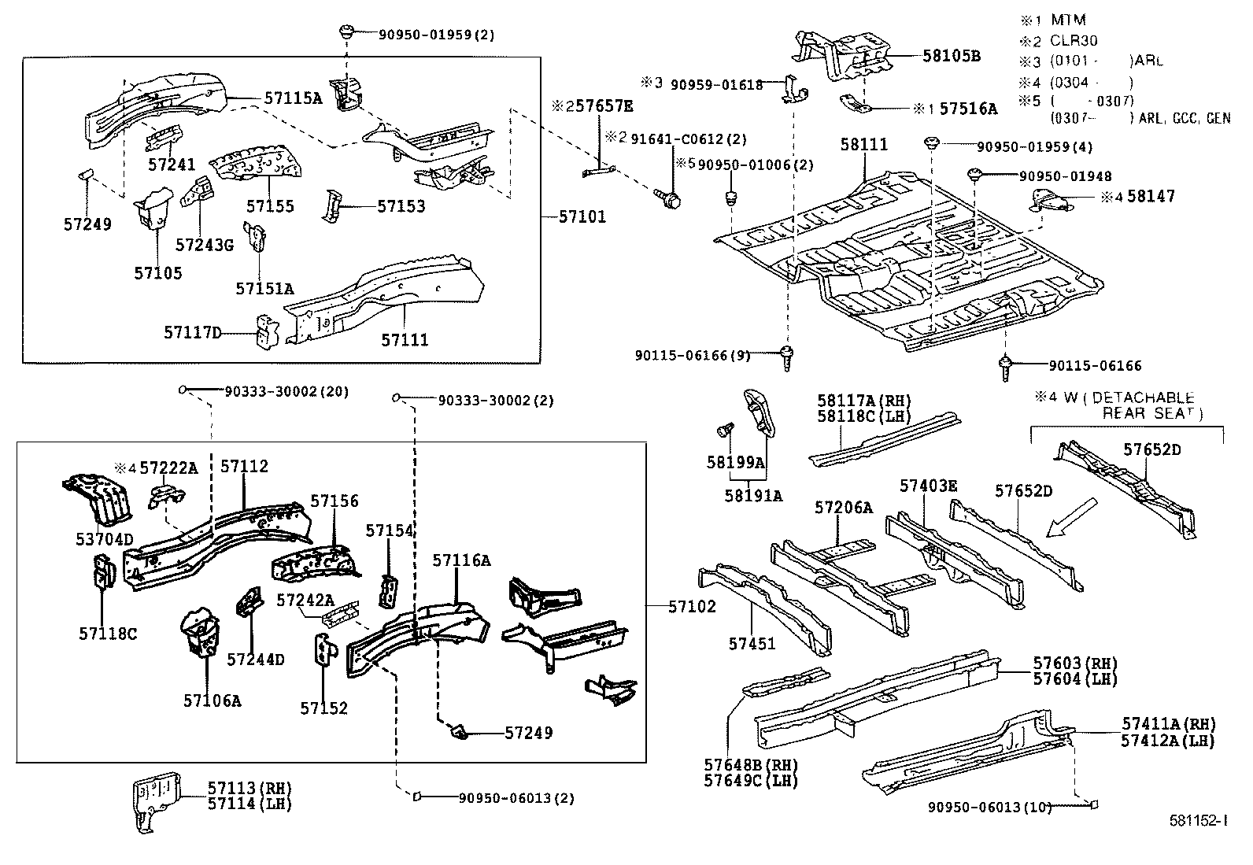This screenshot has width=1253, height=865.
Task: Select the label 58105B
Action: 952,56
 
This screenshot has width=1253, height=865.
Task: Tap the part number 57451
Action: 752,643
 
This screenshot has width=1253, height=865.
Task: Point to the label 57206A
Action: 844,508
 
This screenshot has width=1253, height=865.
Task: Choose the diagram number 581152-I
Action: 1197,820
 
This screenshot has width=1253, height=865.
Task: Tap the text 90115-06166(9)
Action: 693,356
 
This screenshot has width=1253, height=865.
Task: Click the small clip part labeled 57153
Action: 332,206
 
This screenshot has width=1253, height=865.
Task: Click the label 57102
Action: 693,606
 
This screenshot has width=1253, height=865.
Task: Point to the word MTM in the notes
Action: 1068,20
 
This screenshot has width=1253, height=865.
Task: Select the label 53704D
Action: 104,538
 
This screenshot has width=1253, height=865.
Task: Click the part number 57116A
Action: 461,560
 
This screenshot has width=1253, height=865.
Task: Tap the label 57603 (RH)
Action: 1074,664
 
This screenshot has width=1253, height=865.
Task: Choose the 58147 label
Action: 1151,196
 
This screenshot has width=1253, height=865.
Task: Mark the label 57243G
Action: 204,244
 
